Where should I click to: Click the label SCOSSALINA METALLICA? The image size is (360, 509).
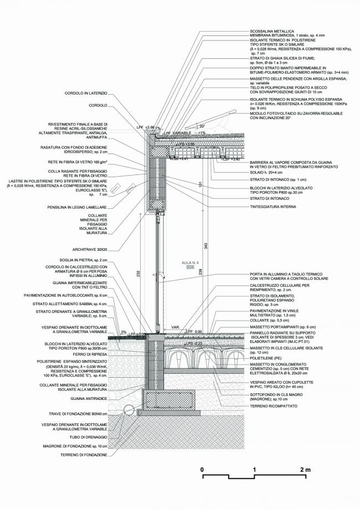coord(272,30)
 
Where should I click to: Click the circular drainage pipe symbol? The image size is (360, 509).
coord(128,410)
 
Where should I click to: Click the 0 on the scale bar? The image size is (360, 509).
coord(203,470)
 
